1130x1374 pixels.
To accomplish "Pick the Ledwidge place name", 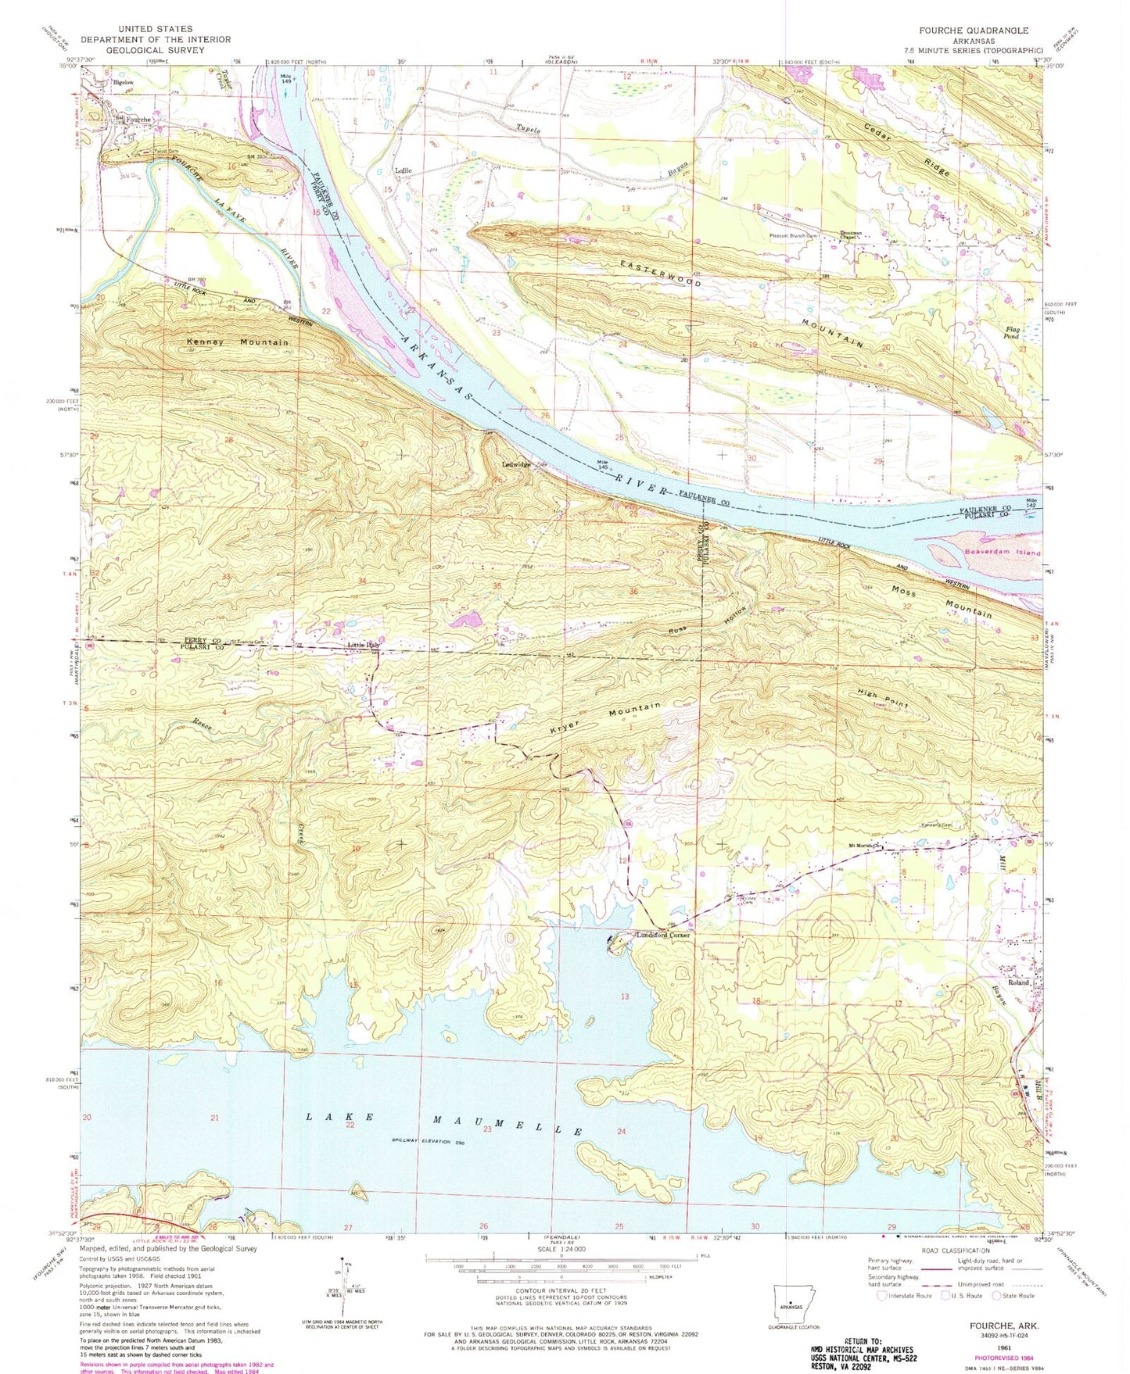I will coord(515,464).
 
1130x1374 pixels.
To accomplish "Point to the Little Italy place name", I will coord(364,645).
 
